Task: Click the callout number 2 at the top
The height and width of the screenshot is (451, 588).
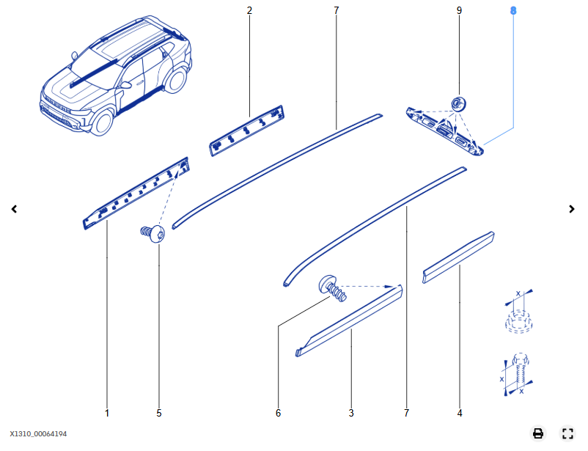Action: click(249, 10)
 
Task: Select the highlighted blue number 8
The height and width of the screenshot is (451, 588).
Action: click(513, 10)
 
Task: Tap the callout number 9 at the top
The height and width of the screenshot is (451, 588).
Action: click(459, 10)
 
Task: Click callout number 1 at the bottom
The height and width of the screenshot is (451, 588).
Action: click(107, 413)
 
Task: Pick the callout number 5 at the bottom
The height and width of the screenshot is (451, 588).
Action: click(159, 413)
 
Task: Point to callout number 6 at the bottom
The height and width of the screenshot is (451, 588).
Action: click(278, 413)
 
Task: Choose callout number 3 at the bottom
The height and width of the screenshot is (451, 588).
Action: click(351, 413)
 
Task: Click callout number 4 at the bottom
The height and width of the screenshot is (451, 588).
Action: click(460, 413)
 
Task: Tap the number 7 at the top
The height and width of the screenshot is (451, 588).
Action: click(337, 10)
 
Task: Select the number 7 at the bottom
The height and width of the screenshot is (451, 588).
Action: click(406, 413)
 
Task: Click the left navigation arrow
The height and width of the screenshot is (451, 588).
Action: click(14, 209)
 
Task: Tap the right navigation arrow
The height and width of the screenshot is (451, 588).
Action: click(572, 209)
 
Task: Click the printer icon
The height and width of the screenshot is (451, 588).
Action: click(537, 433)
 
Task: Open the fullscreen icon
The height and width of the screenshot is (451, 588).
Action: click(567, 433)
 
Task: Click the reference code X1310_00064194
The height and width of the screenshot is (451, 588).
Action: click(38, 434)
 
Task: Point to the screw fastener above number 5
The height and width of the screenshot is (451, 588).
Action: click(153, 235)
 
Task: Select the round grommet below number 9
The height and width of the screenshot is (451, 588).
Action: click(460, 103)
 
